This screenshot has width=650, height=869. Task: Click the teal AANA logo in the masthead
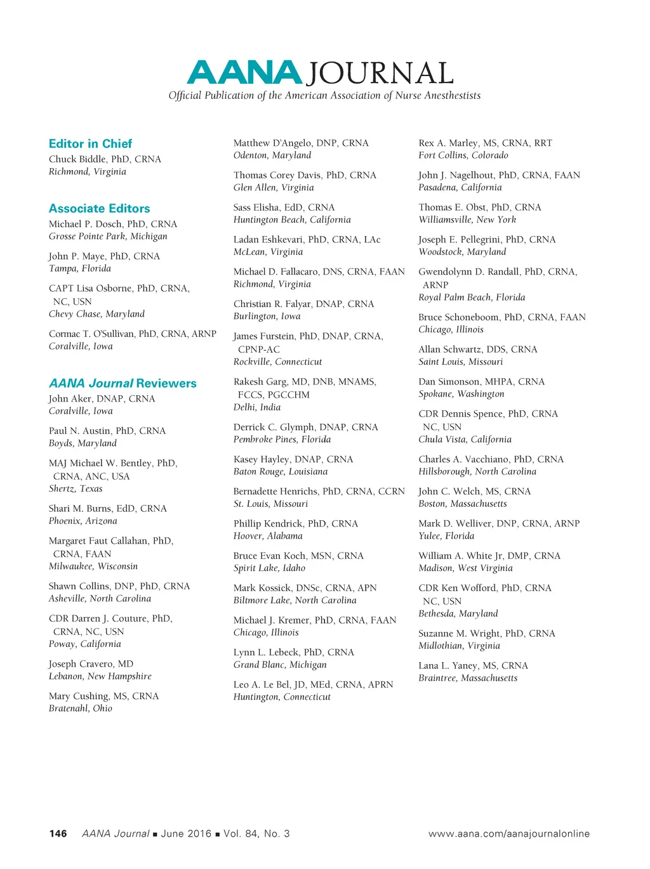pyautogui.click(x=244, y=73)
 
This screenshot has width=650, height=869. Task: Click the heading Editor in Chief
pyautogui.click(x=90, y=144)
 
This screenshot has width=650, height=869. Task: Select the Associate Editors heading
pyautogui.click(x=99, y=209)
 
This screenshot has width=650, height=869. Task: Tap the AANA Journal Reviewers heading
pyautogui.click(x=123, y=384)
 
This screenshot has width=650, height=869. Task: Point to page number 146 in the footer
pyautogui.click(x=58, y=833)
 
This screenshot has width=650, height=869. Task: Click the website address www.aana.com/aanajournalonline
pyautogui.click(x=508, y=833)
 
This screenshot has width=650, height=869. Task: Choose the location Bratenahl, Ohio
pyautogui.click(x=80, y=709)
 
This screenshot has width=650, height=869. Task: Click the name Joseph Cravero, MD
pyautogui.click(x=91, y=664)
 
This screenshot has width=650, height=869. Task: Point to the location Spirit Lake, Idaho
pyautogui.click(x=269, y=568)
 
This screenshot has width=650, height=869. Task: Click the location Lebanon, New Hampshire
pyautogui.click(x=100, y=676)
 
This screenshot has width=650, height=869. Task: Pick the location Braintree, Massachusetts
pyautogui.click(x=467, y=678)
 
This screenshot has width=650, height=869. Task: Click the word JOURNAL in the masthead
pyautogui.click(x=380, y=74)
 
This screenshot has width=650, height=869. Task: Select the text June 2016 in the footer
pyautogui.click(x=186, y=833)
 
